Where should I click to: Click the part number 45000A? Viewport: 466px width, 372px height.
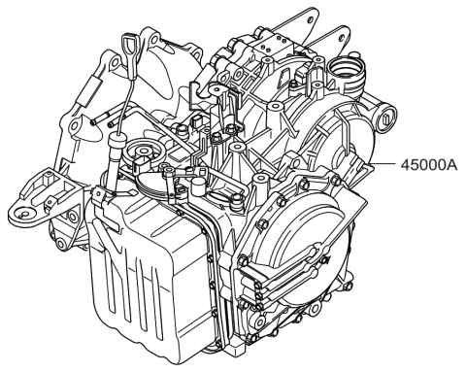(x=427, y=166)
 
